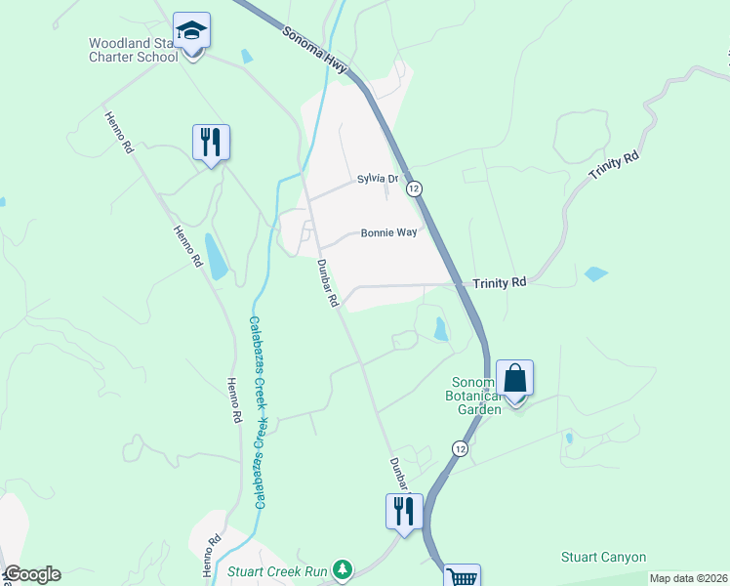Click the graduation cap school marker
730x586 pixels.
click(191, 31)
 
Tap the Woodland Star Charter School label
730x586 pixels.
click(134, 50)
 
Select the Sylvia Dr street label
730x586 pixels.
click(378, 179)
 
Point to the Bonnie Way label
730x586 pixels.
click(388, 233)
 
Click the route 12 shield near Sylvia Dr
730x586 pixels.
click(415, 188)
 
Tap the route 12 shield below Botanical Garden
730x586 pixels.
click(459, 447)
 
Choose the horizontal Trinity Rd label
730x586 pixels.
click(500, 282)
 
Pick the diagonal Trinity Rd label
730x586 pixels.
click(614, 164)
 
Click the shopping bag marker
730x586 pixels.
click(514, 379)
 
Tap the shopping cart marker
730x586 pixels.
click(462, 576)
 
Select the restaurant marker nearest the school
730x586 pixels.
click(211, 143)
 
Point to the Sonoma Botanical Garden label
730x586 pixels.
click(476, 396)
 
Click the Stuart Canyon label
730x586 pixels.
click(603, 558)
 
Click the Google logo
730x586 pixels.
click(31, 575)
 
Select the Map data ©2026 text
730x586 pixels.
click(689, 578)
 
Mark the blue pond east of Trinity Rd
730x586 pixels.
click(595, 274)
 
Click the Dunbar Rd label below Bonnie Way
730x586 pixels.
click(327, 282)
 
